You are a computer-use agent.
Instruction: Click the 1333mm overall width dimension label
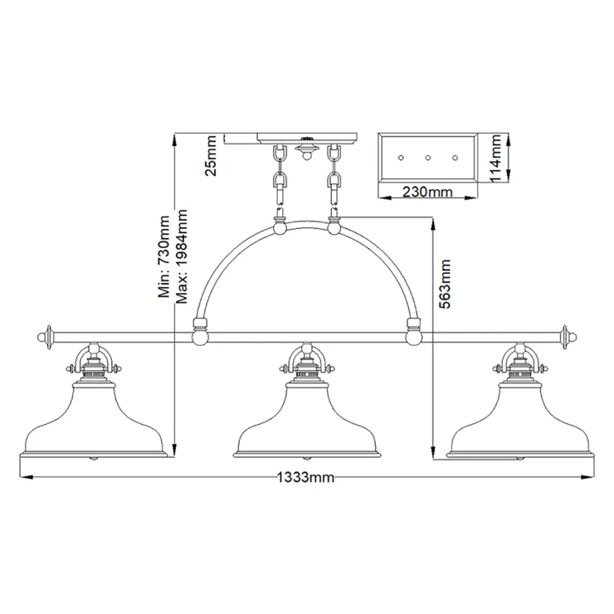point(305,477)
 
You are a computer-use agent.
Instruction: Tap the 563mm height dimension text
point(445,284)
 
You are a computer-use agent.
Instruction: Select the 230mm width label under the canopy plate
point(427,192)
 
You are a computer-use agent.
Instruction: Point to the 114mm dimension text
point(495,158)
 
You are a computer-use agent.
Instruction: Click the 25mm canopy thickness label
point(211,155)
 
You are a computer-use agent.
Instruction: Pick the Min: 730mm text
point(163,256)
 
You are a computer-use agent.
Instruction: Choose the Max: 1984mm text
point(182,256)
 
